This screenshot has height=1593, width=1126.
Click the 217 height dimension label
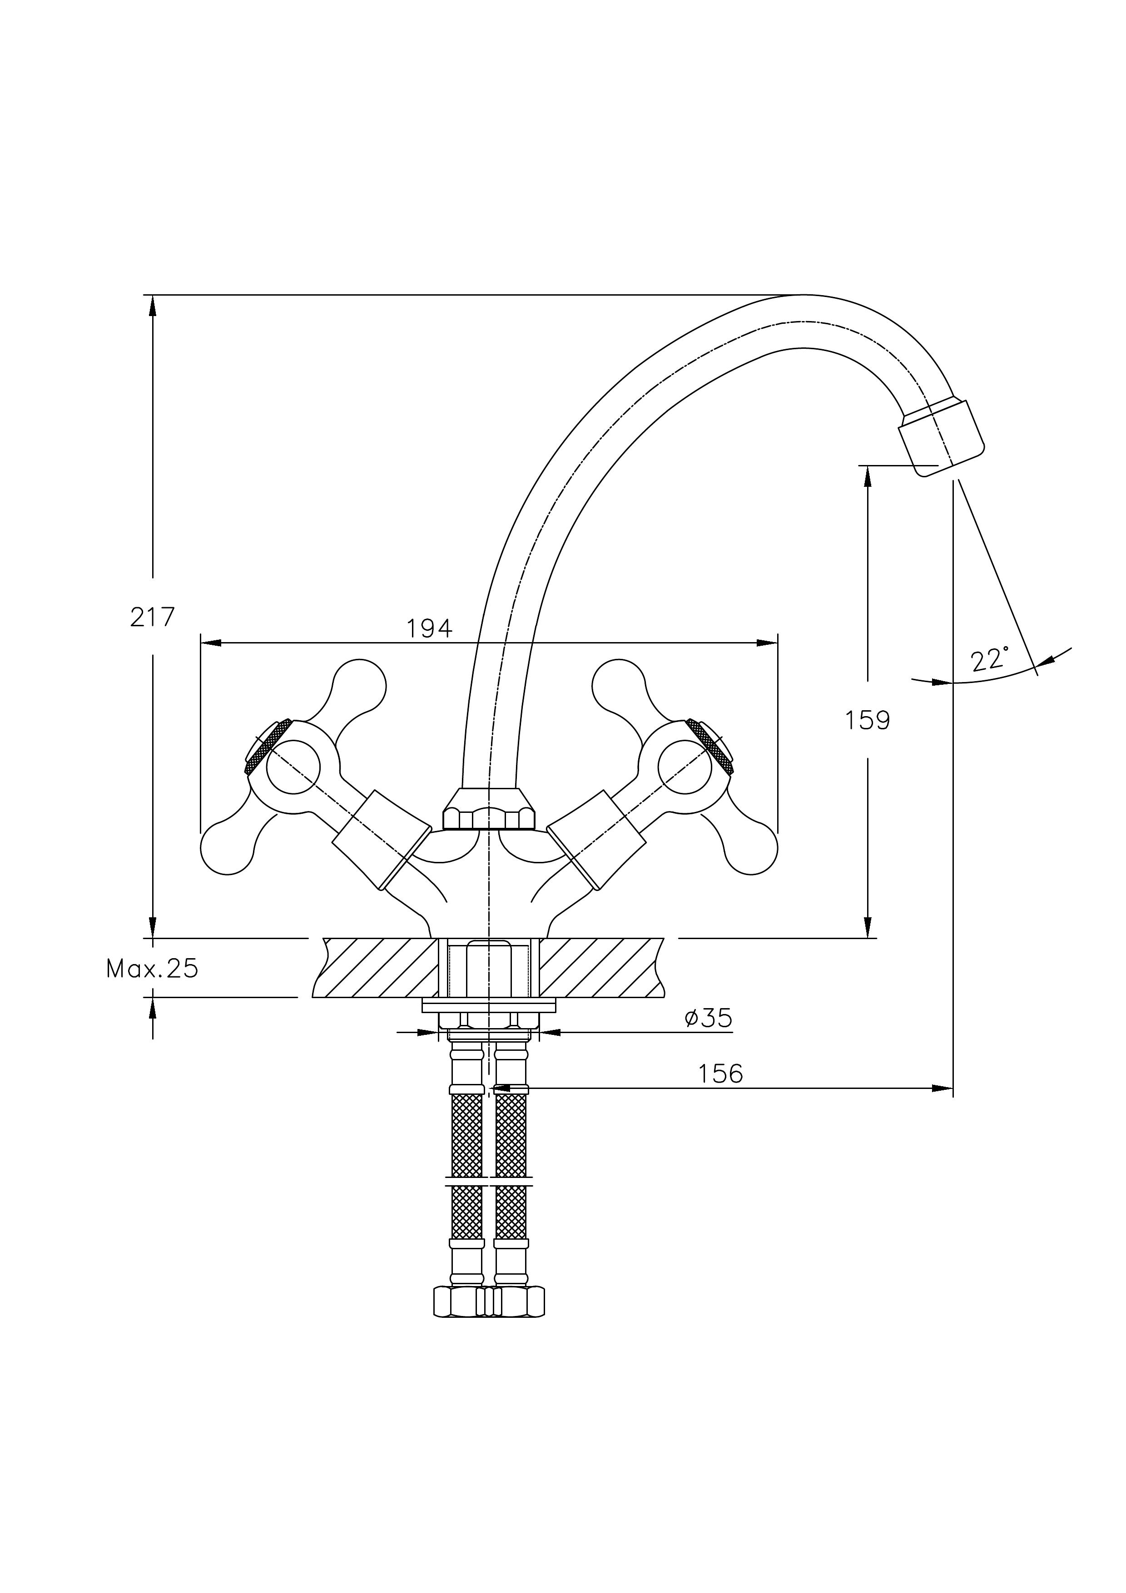point(153,617)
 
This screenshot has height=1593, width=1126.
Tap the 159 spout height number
point(867,721)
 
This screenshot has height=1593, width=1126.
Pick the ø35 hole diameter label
point(708,1018)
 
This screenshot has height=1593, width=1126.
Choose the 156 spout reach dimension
point(720,1074)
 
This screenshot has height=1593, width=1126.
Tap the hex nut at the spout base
point(489,811)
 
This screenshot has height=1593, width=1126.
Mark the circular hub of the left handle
point(293,767)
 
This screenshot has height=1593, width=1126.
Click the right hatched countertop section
point(600,967)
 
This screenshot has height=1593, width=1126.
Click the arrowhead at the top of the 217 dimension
point(153,305)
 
